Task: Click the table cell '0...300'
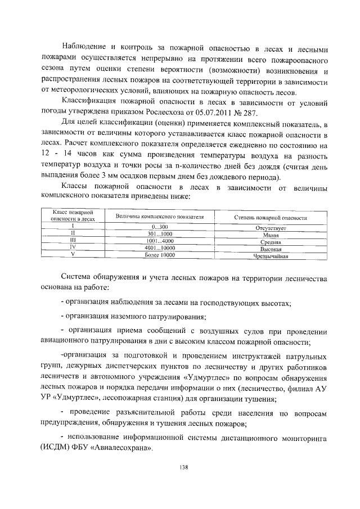pyautogui.click(x=160, y=226)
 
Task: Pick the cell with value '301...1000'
pyautogui.click(x=160, y=233)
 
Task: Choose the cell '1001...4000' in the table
pyautogui.click(x=160, y=240)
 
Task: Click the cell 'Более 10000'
pyautogui.click(x=160, y=255)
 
